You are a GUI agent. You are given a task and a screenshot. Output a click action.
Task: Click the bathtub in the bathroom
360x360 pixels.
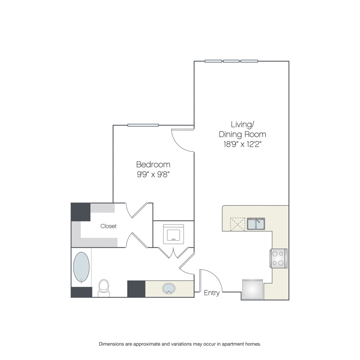(81, 267)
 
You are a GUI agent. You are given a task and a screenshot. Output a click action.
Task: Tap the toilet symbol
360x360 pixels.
(104, 288)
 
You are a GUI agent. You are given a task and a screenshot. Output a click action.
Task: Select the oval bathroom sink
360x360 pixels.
(169, 288)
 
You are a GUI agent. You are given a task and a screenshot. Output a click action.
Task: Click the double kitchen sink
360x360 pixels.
(256, 224)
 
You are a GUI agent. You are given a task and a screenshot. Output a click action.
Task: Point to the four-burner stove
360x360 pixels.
(278, 258)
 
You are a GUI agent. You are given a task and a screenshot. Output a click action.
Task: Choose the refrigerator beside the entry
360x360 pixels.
(252, 289)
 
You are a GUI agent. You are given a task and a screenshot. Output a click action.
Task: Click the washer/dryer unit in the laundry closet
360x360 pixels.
(173, 234)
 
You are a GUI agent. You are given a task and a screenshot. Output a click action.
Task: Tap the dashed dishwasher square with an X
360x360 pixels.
(238, 224)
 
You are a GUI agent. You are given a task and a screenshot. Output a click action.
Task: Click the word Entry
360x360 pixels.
(212, 293)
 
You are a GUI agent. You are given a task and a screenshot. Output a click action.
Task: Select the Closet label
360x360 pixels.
(108, 226)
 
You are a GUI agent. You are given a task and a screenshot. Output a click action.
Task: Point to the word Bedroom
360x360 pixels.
(153, 164)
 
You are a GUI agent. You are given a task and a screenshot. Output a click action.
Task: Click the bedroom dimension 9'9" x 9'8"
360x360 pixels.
(153, 174)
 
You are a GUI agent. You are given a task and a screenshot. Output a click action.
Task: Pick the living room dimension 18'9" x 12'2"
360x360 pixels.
(242, 144)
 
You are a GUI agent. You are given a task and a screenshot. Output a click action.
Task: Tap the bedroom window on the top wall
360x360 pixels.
(143, 125)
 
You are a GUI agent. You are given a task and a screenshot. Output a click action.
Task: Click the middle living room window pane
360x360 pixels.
(231, 61)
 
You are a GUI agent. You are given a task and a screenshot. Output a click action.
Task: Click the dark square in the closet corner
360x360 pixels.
(80, 212)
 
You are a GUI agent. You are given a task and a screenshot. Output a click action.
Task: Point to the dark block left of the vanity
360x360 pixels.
(136, 289)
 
